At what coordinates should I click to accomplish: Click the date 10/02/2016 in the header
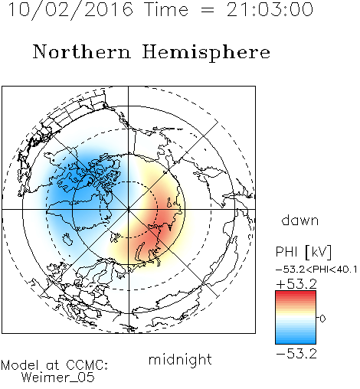[70, 9]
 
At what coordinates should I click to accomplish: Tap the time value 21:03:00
[270, 9]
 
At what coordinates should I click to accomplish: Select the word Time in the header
[166, 9]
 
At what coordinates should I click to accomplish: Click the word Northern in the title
[82, 52]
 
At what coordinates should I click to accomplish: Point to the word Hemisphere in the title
[206, 53]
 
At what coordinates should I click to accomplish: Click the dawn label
[300, 220]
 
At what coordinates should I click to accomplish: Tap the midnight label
[180, 360]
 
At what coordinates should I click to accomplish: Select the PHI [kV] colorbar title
[303, 252]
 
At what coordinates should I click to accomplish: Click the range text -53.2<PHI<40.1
[316, 270]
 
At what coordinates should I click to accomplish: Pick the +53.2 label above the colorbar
[296, 284]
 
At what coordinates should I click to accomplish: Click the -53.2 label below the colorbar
[296, 354]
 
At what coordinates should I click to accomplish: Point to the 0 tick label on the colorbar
[322, 319]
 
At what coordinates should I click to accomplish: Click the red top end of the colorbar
[296, 293]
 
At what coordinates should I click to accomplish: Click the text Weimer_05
[58, 378]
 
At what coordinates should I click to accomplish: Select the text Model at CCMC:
[54, 365]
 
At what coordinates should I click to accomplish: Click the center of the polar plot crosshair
[129, 209]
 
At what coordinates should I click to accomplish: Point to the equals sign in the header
[208, 10]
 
